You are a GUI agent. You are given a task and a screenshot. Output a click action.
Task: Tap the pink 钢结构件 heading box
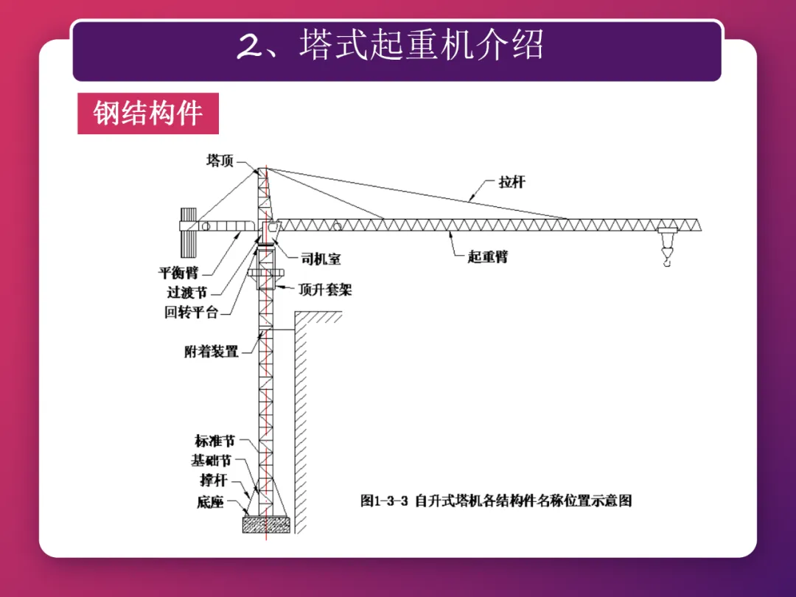tap(148, 114)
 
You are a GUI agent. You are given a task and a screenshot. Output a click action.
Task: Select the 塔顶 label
tap(220, 160)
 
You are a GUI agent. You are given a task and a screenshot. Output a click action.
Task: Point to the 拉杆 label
tap(511, 182)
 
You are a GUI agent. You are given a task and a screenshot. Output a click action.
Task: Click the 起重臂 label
tap(488, 257)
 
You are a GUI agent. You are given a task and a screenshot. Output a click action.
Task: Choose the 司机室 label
tap(321, 259)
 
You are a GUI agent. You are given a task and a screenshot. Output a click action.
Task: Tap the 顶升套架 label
tap(325, 290)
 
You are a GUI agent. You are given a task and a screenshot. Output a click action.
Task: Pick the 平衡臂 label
tap(178, 273)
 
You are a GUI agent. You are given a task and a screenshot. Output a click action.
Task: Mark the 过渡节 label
tap(186, 293)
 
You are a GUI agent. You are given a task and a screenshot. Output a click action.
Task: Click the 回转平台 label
tap(192, 312)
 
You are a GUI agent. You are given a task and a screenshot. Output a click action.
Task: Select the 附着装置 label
tap(212, 352)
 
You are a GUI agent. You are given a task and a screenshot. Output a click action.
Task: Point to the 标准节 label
tap(214, 441)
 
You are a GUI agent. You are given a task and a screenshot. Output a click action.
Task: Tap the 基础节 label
tap(212, 461)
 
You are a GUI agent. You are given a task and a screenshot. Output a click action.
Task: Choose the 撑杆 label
tap(213, 481)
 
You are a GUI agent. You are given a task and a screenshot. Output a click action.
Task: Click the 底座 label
tap(210, 503)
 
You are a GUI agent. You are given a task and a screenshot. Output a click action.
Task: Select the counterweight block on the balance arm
tap(188, 229)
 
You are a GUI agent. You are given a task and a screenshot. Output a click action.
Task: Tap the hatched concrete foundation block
tap(265, 524)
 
